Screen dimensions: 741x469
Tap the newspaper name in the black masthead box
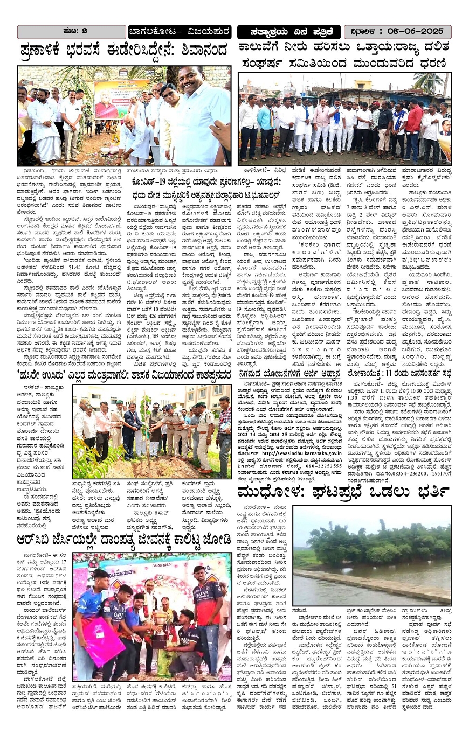(289, 31)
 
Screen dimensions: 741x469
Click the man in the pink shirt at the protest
(322, 127)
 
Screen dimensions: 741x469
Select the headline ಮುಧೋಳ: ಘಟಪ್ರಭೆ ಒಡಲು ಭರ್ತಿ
(343, 492)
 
